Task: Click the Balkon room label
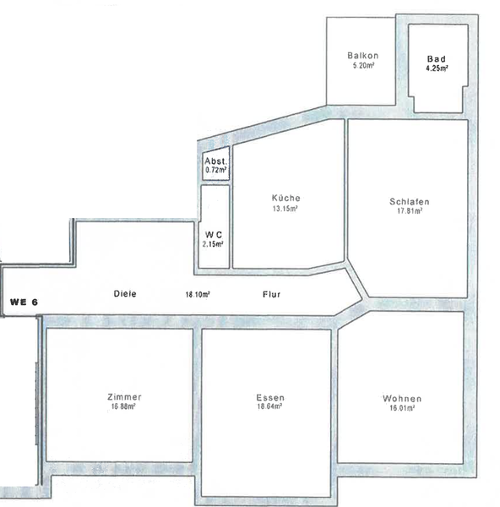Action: point(362,56)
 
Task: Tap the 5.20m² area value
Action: point(364,65)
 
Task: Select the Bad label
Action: point(437,59)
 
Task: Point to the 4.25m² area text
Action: point(437,68)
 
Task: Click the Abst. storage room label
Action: point(216,161)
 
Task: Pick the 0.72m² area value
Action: point(216,170)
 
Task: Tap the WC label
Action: point(214,235)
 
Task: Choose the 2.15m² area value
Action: point(213,244)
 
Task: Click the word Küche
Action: point(286,198)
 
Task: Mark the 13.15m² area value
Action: point(285,209)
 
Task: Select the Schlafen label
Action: point(410,202)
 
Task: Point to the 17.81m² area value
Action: point(410,210)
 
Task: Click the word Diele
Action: point(125,294)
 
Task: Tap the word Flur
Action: point(271,295)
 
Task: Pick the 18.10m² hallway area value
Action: point(198,295)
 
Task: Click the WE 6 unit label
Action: point(24,303)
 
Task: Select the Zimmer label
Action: point(124,397)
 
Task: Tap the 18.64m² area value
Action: point(269,406)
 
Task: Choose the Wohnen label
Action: point(402,399)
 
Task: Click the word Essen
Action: point(270,398)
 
